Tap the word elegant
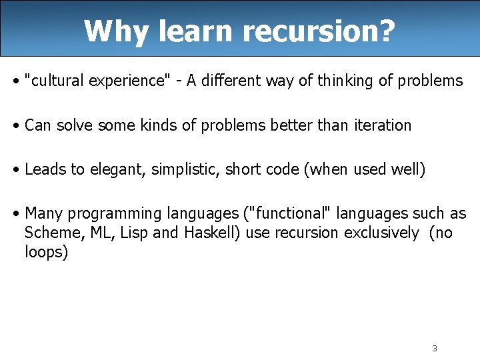tap(117, 169)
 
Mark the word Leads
tap(45, 169)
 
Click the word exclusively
tap(382, 233)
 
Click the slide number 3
tap(434, 348)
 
